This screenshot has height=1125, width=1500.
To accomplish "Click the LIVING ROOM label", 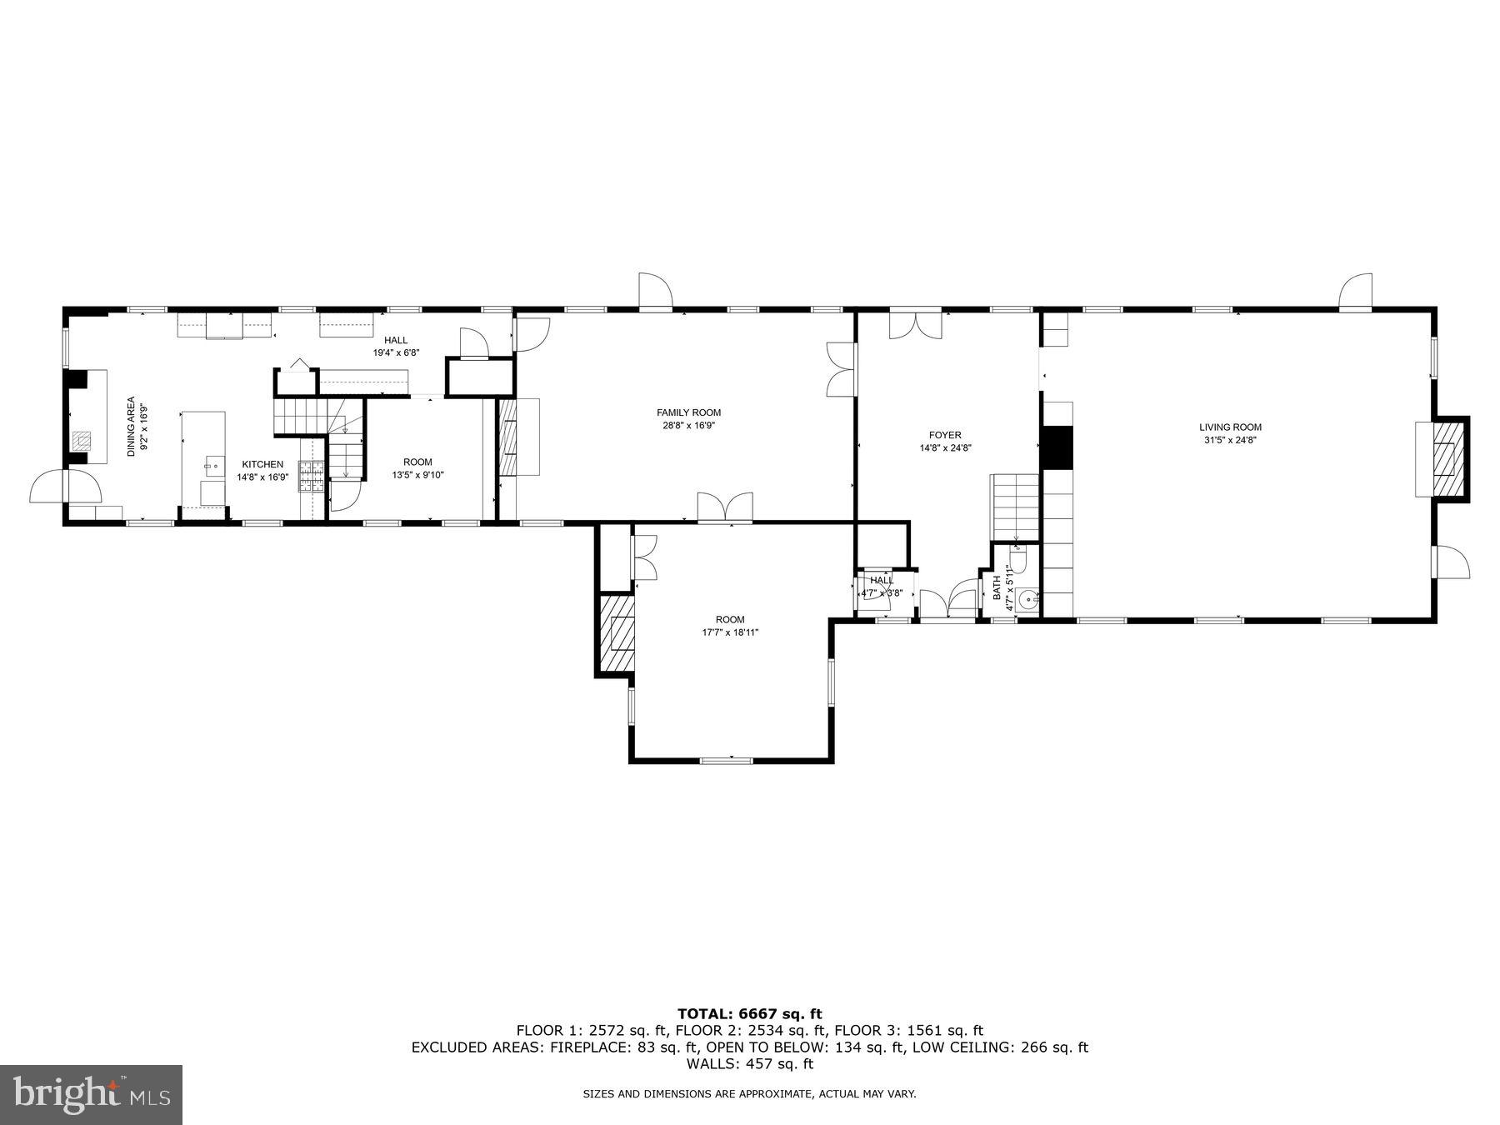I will [1230, 427].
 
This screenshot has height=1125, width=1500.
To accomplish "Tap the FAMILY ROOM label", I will [688, 412].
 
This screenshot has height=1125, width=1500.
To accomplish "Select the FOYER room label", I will [945, 435].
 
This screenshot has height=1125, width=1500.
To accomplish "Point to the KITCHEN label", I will [262, 464].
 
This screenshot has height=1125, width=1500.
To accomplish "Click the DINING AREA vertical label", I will [131, 426].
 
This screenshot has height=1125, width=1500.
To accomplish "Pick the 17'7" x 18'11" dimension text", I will [729, 632].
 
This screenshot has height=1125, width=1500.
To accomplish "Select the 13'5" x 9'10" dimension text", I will [417, 475].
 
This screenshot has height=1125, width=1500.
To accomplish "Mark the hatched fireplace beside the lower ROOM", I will [617, 634].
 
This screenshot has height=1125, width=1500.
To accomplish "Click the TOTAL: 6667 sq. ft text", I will [749, 1014].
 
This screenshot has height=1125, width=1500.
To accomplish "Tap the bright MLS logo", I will [91, 1095].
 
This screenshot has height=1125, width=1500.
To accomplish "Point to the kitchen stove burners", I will [312, 477].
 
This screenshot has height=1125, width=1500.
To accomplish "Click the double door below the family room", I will [725, 508].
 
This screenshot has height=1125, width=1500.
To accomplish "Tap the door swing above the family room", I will [655, 291].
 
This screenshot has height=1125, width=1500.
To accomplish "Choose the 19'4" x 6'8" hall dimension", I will [396, 352].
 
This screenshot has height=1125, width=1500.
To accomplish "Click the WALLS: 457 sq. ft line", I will [749, 1064].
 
